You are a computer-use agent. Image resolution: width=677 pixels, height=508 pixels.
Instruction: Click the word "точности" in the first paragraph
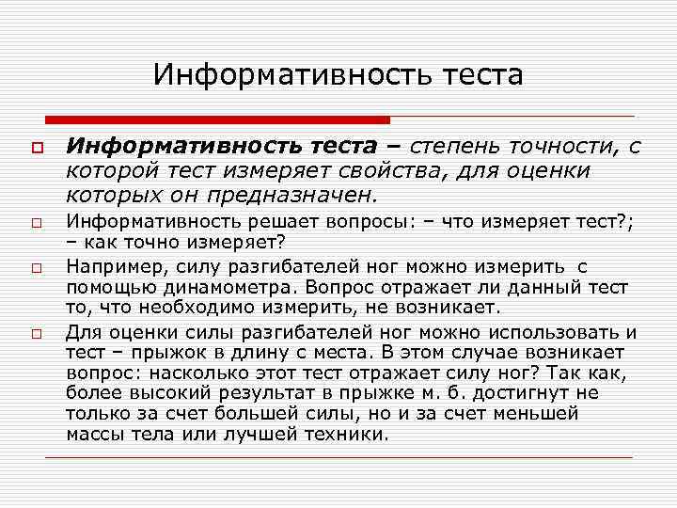click(567, 146)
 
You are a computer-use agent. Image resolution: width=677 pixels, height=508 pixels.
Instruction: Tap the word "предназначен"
click(299, 196)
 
